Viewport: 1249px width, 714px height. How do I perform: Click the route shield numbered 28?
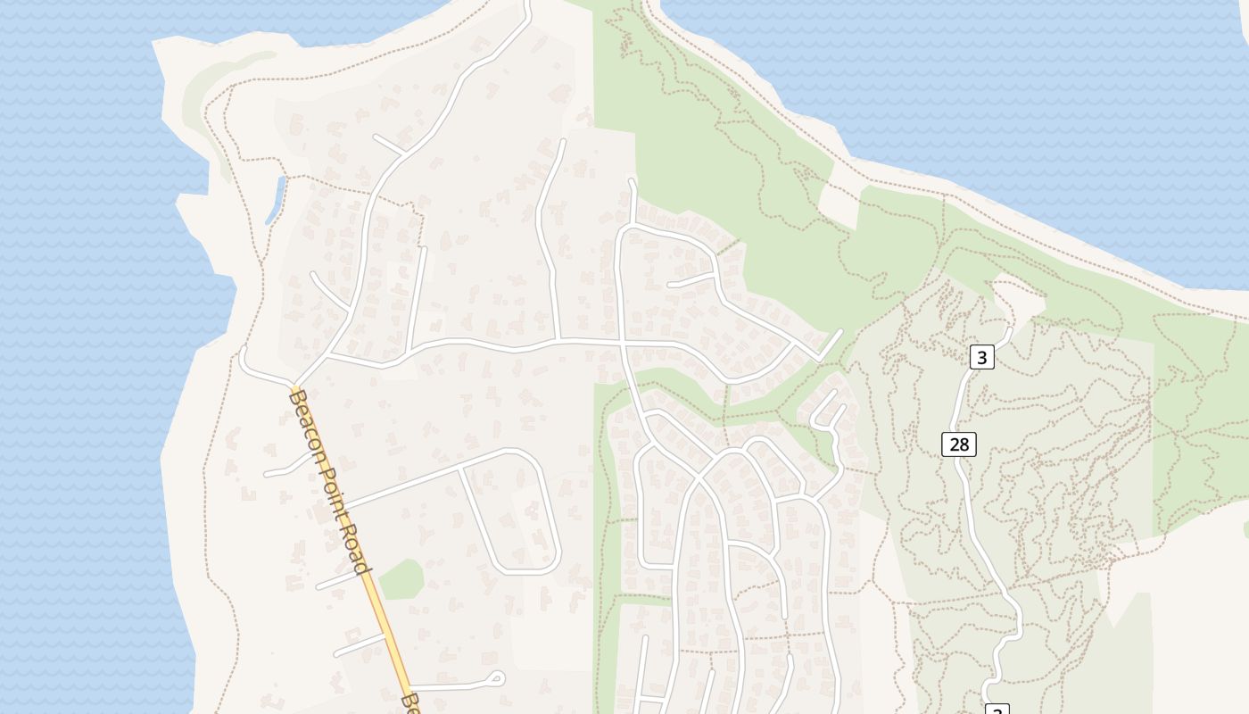(959, 444)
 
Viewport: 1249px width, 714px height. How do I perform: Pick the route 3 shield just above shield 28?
(981, 358)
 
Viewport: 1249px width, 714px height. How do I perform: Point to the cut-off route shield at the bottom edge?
(997, 709)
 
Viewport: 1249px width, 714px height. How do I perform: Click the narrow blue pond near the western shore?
(275, 200)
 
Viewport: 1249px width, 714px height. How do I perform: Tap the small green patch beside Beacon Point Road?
(401, 580)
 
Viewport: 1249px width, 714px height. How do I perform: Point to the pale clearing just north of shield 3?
(1017, 299)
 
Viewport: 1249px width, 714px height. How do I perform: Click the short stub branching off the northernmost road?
(390, 144)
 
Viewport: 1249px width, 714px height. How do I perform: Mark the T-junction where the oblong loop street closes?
(460, 468)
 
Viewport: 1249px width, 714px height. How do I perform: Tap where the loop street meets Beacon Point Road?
(344, 507)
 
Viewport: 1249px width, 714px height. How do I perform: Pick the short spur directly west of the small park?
(337, 580)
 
